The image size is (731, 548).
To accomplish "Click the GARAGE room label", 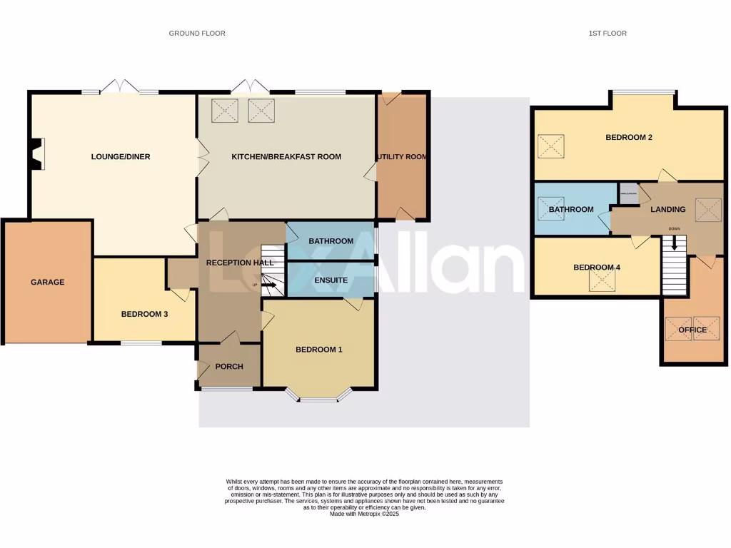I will [x=48, y=282].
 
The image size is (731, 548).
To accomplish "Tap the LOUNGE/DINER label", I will [x=121, y=156].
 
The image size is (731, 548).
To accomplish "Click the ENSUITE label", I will [x=331, y=280].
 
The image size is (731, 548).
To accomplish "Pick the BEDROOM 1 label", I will [x=319, y=350].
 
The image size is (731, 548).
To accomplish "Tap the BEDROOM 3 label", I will [x=144, y=314].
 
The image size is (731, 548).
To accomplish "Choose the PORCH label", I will [x=229, y=367].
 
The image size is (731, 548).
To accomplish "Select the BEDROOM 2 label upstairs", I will [x=629, y=138].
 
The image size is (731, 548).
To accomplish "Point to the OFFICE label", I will [x=692, y=330].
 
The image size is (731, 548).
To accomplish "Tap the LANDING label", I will [x=668, y=210].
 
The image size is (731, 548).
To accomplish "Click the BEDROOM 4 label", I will [x=597, y=268].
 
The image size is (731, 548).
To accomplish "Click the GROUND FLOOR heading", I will [x=197, y=34].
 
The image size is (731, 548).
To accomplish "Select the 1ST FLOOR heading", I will [x=608, y=34].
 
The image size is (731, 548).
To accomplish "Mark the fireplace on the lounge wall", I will [x=36, y=154].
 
